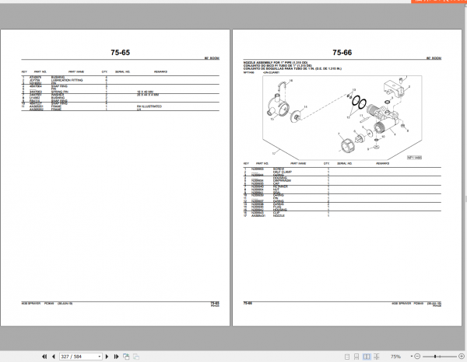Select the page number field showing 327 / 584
[x=81, y=356]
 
